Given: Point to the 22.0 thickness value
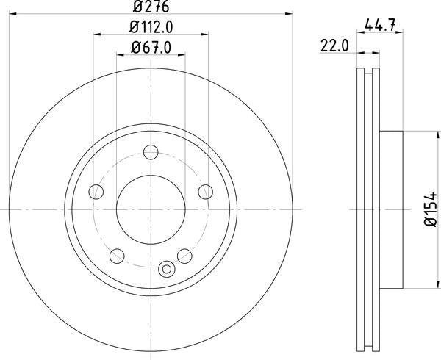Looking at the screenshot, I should tap(333, 46).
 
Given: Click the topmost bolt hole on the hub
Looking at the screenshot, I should tap(151, 152).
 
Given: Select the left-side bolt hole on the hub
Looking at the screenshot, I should tap(95, 192).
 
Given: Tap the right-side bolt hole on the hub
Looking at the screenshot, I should tap(206, 192).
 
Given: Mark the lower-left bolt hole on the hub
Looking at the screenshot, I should tap(116, 256).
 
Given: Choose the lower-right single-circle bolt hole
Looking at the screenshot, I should tap(185, 256).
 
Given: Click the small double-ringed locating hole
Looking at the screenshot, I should tap(166, 269).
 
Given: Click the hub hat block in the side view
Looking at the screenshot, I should tap(392, 209).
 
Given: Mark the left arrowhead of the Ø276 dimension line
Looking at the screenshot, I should tap(12, 14).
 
